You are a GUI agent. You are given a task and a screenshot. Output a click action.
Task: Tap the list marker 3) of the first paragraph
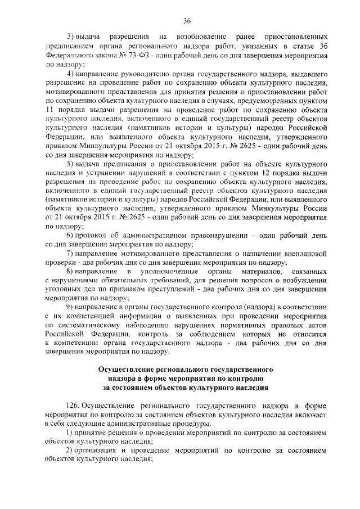coord(70,37)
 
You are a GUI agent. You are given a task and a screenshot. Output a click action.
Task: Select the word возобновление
coord(195,37)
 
